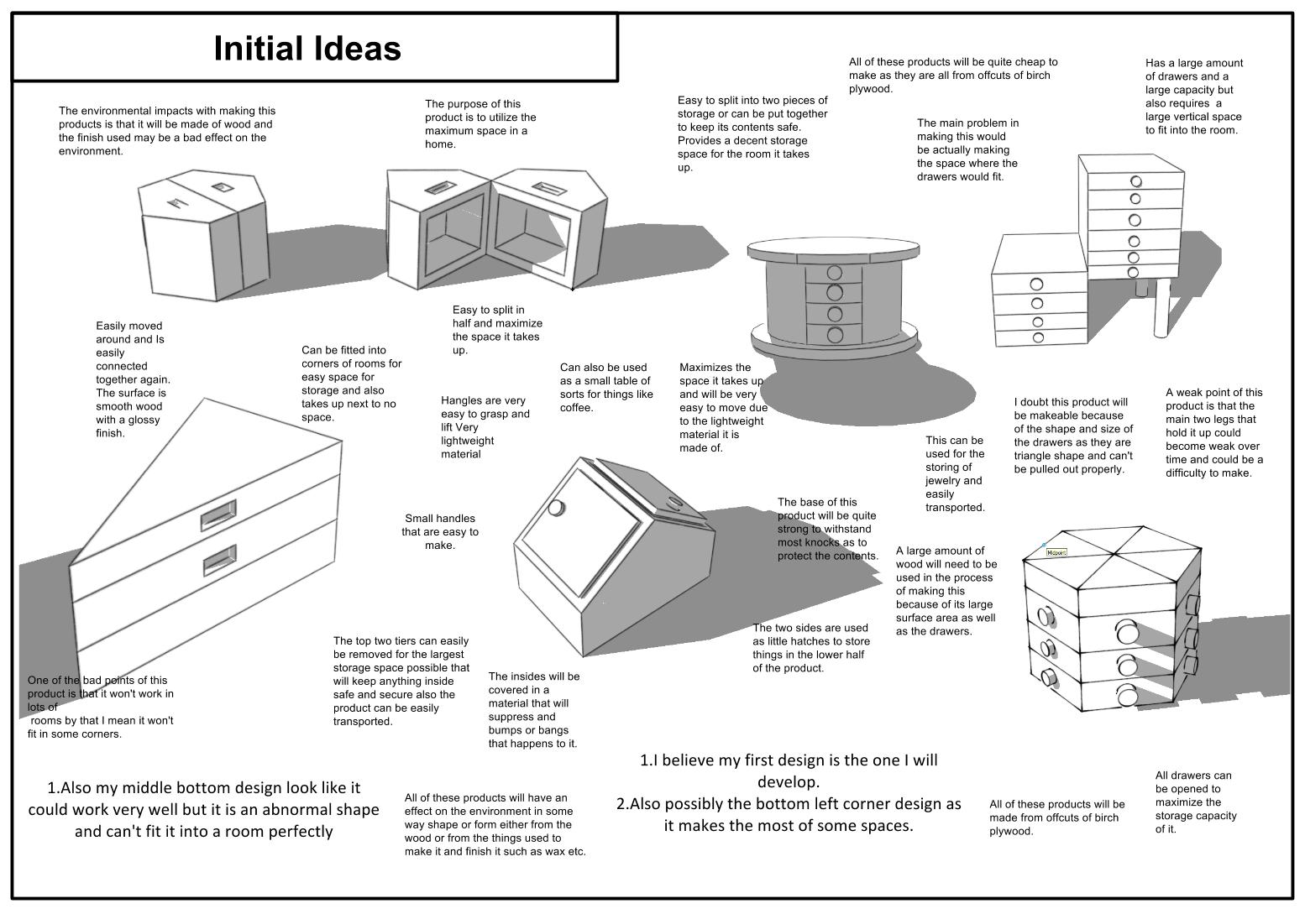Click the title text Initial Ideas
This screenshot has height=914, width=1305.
(x=307, y=48)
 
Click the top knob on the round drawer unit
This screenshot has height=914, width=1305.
(x=834, y=272)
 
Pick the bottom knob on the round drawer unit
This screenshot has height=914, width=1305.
(x=834, y=335)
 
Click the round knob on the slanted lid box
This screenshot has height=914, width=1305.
(x=555, y=507)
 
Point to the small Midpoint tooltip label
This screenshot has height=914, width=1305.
(x=1056, y=552)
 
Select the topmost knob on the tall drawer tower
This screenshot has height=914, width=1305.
(x=1136, y=181)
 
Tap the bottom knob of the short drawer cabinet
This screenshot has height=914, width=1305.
(x=1038, y=337)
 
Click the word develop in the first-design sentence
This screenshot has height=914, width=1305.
(x=788, y=781)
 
